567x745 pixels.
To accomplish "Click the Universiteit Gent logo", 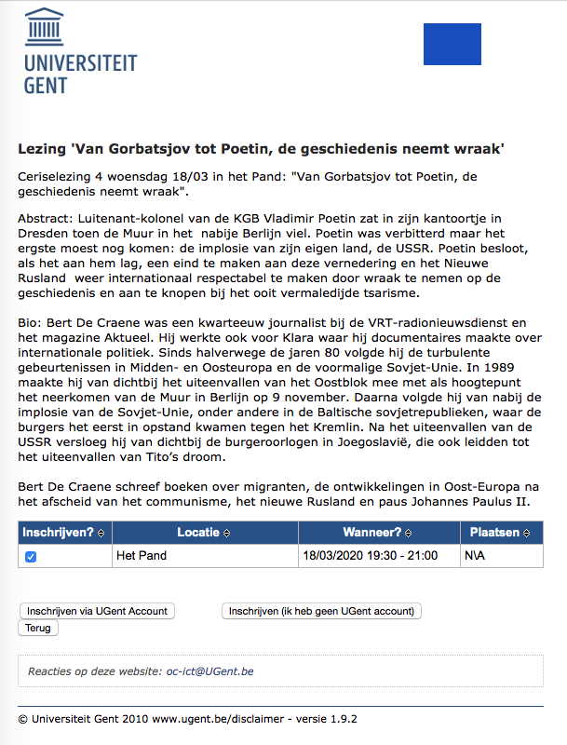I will click(80, 51).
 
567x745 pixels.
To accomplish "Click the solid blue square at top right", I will click(452, 44).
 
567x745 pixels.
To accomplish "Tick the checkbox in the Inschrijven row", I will click(31, 556).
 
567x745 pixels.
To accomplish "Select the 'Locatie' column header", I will click(199, 533).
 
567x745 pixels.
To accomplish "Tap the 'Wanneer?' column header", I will click(371, 533).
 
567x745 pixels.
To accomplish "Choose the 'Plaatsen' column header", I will click(496, 533).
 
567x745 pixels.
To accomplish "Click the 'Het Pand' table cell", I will click(139, 556).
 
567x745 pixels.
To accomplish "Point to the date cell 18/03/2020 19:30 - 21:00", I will click(369, 556).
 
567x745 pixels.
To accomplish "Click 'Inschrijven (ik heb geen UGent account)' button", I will click(321, 611).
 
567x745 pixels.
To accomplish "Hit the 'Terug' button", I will click(38, 628).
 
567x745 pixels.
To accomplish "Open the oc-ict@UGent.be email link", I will click(210, 670).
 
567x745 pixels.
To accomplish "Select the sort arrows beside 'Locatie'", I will click(226, 533).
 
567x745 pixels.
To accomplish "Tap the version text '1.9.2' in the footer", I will click(341, 719).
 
